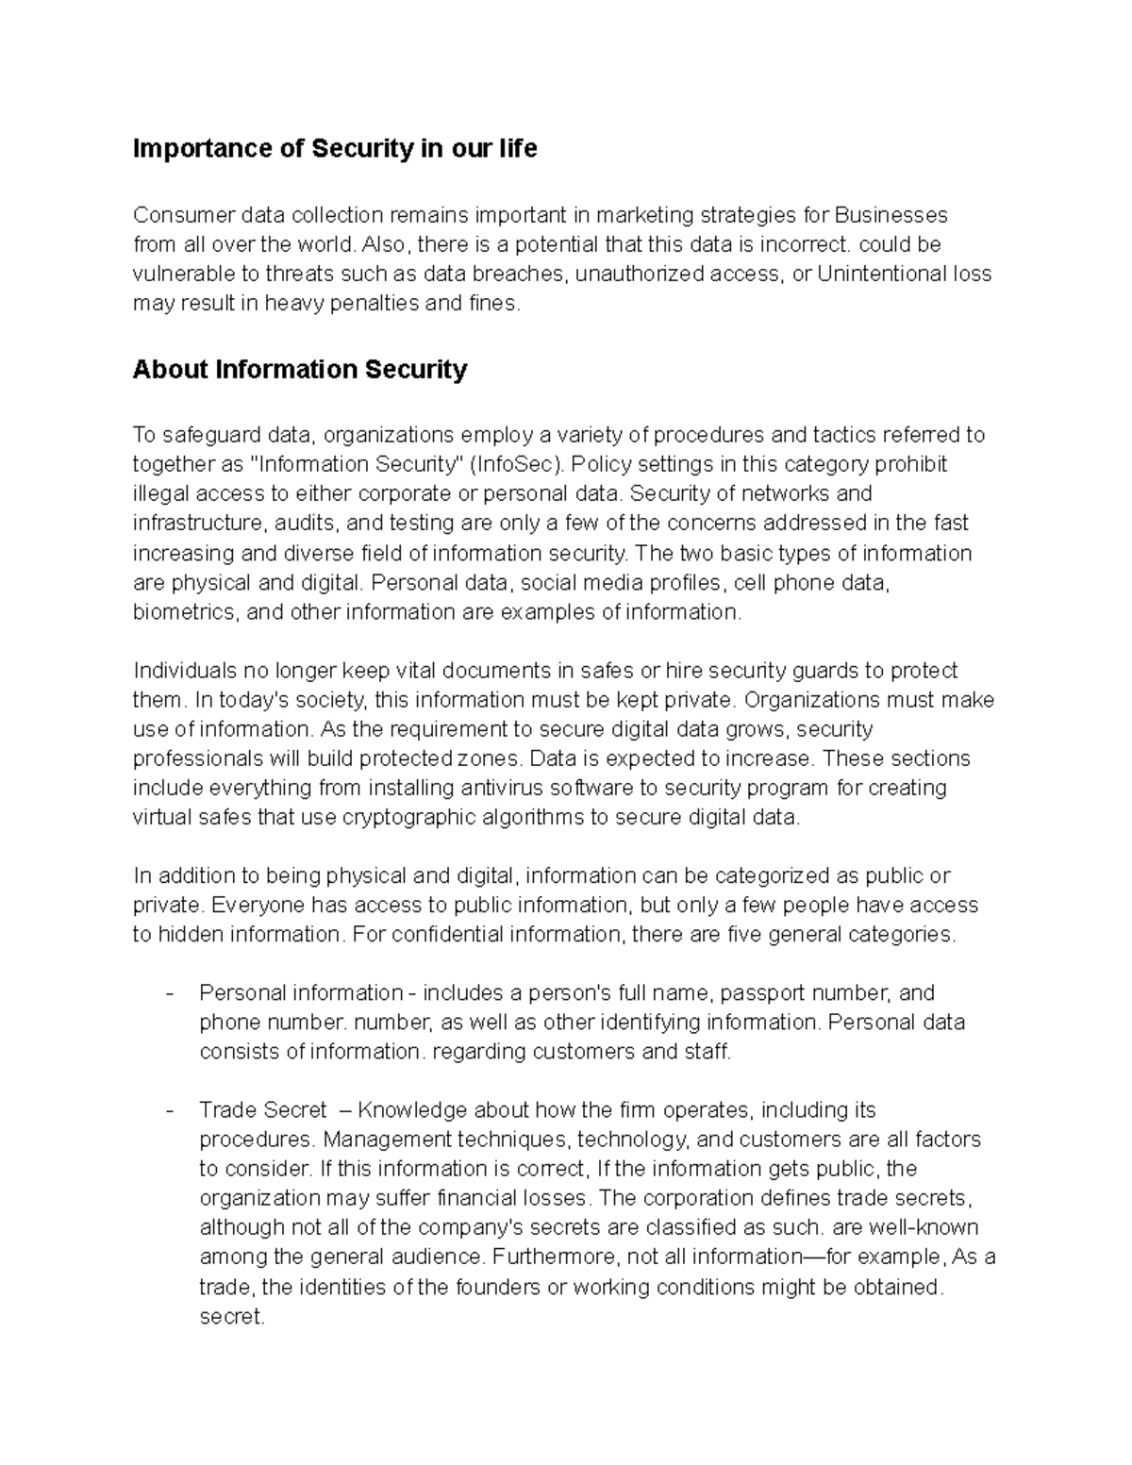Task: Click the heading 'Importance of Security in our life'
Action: click(x=335, y=149)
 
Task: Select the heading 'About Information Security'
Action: click(x=300, y=369)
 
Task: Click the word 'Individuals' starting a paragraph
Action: click(x=185, y=671)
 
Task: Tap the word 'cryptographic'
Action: click(x=408, y=817)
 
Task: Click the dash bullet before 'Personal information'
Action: click(x=169, y=993)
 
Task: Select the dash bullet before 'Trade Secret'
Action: click(x=169, y=1110)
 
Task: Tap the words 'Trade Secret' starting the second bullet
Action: click(x=263, y=1110)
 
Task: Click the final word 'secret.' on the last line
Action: click(x=232, y=1316)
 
